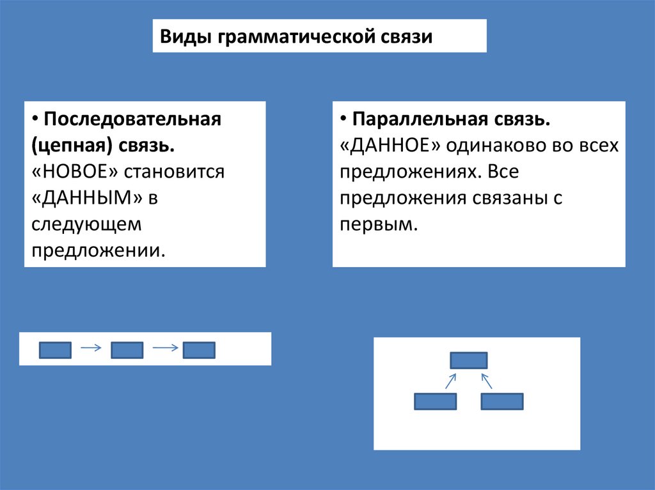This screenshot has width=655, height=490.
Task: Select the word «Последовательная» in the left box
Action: [x=132, y=119]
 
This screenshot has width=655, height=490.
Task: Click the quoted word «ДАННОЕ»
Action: [x=392, y=146]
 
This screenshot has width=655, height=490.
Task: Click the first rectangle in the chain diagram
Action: [x=55, y=350]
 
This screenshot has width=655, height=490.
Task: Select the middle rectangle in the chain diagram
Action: [x=127, y=350]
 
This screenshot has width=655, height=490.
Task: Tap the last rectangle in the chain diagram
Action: [x=199, y=350]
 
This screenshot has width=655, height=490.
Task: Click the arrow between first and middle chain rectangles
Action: [x=91, y=348]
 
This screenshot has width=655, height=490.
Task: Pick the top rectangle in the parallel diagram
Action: [x=469, y=360]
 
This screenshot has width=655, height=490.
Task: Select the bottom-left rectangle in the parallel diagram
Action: [x=436, y=401]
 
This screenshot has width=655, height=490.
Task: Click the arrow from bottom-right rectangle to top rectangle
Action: [x=486, y=381]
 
